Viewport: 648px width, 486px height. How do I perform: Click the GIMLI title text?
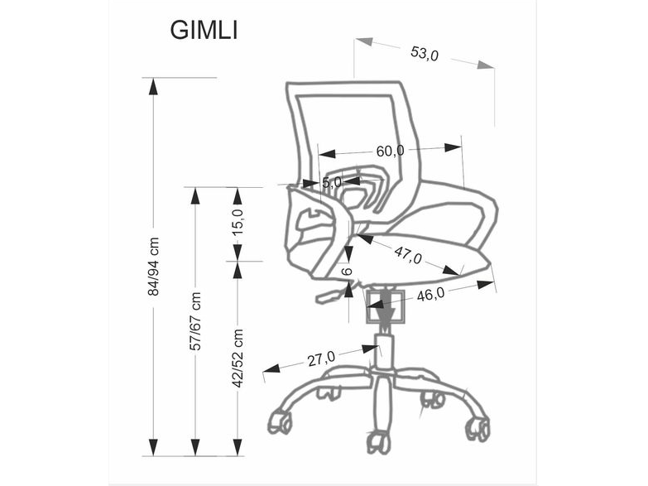point(204,30)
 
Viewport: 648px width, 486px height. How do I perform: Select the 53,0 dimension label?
point(424,53)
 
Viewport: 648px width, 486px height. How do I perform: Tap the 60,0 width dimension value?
point(390,151)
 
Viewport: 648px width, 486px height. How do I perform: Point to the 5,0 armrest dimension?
point(332,182)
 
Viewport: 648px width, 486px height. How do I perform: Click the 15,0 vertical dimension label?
point(238,222)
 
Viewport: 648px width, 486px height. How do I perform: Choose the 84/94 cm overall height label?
point(153,267)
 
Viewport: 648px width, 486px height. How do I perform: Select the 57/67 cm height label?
point(195,321)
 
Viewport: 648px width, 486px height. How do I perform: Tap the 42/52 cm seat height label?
point(238,358)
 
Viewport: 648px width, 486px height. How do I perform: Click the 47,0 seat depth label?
point(408,255)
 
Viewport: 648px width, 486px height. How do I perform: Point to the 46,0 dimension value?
point(430,295)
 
